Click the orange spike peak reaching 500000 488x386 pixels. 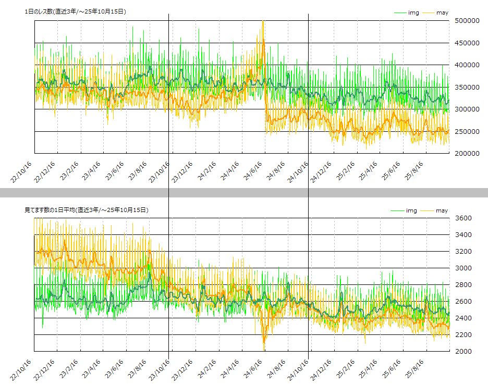tap(263, 21)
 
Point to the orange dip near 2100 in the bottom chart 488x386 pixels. tap(264, 342)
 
